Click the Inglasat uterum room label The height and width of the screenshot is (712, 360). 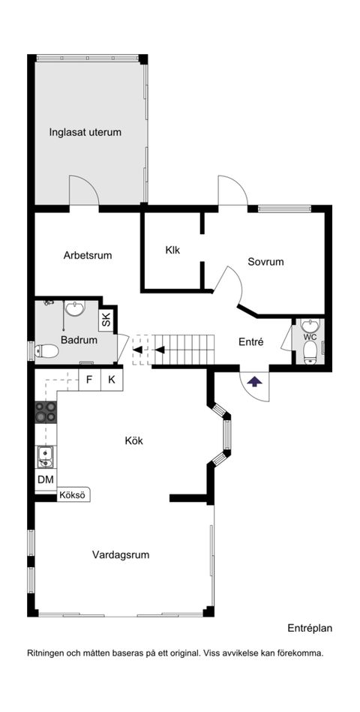click(85, 133)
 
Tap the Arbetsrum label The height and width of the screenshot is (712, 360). click(88, 255)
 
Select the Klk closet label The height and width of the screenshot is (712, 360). click(172, 249)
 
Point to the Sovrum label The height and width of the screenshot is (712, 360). click(265, 262)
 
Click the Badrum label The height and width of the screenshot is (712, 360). click(79, 340)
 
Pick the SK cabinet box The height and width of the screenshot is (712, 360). click(106, 321)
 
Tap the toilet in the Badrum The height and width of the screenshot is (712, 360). click(46, 351)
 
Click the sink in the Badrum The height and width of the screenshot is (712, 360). click(74, 309)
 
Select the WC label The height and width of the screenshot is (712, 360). click(310, 337)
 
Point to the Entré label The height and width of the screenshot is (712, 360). click(251, 342)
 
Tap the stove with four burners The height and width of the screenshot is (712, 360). click(46, 413)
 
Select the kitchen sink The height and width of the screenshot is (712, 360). click(45, 457)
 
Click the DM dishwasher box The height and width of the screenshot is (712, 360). click(46, 479)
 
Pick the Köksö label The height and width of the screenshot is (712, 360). click(73, 495)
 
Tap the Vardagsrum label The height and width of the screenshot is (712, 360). click(121, 554)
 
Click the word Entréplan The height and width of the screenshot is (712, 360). click(310, 629)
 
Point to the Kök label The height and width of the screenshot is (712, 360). click(134, 440)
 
